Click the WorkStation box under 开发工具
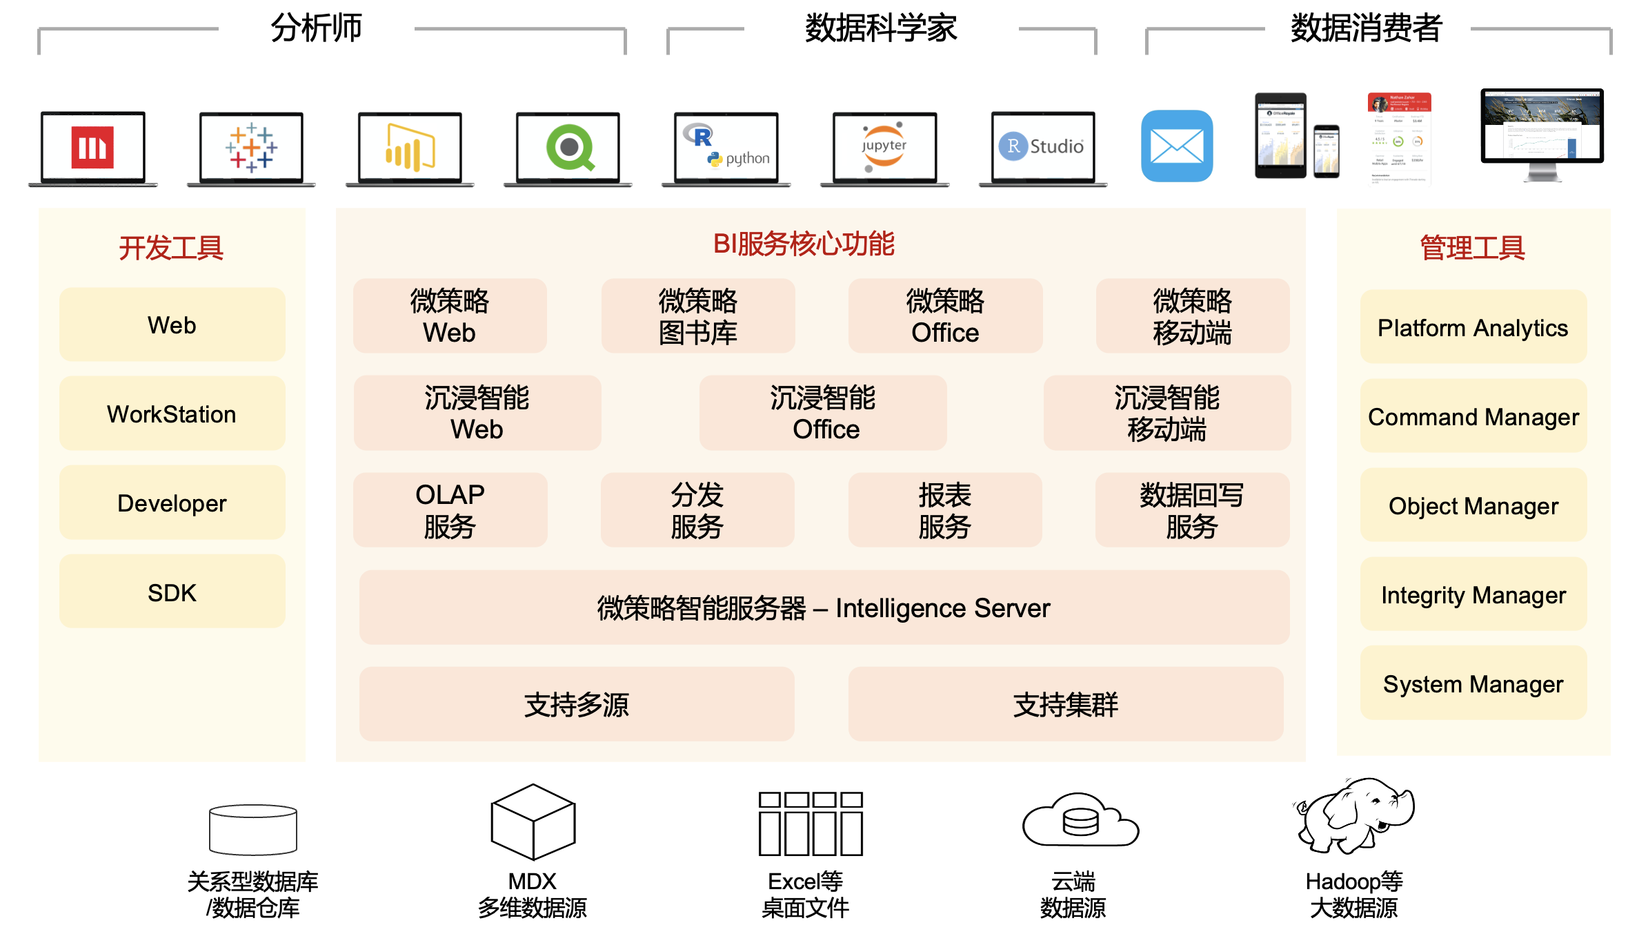172,414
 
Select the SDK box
172,592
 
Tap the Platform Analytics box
1473,328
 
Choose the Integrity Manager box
1473,595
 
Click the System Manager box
1473,684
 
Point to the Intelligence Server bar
824,608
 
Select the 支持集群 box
1065,705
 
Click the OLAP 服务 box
450,511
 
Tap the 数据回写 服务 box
1191,511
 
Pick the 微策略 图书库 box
697,317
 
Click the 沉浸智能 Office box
822,414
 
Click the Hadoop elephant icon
1353,816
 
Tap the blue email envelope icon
1177,146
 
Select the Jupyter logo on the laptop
884,146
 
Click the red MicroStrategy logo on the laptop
92,147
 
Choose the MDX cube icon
533,822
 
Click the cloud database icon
1080,822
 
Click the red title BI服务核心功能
804,244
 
